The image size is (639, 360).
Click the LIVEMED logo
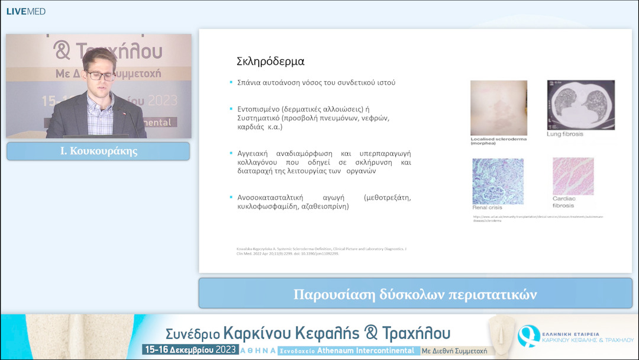pos(25,11)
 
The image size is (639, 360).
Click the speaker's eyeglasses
pos(101,75)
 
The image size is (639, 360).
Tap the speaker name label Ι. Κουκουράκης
pos(98,152)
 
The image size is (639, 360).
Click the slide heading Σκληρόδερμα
pos(270,61)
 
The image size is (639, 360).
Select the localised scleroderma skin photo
pos(499,108)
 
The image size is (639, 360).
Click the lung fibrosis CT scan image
pos(580,105)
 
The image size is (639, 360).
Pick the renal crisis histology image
pos(498,181)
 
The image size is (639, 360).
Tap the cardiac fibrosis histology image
pos(573,176)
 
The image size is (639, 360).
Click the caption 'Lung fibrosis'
pos(565,134)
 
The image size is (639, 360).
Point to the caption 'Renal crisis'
pos(487,208)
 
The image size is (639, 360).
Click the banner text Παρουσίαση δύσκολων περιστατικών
pos(415,294)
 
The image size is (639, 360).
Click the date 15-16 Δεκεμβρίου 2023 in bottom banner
pos(189,350)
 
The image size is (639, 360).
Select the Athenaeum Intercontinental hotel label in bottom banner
pos(367,351)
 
